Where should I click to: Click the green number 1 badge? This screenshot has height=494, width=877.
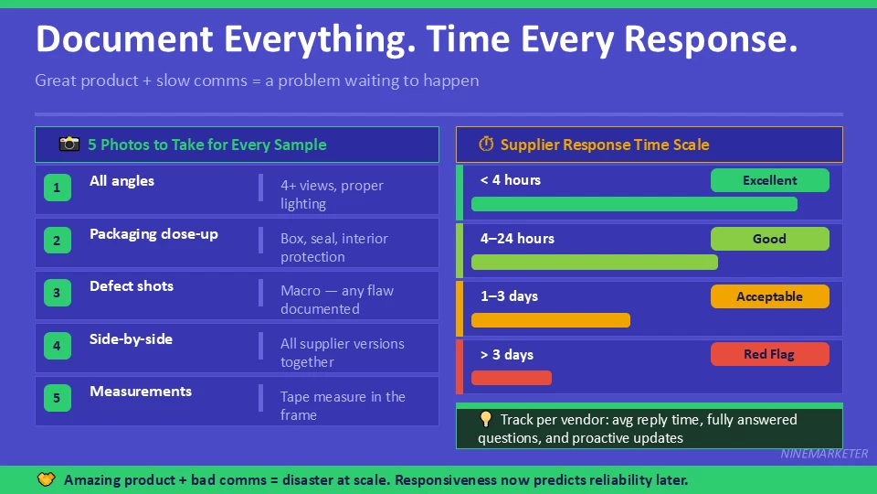57,188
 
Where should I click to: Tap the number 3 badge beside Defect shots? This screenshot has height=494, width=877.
57,294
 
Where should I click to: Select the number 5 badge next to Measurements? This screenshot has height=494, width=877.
57,398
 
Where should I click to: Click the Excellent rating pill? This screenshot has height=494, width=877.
769,180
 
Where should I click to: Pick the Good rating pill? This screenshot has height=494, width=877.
769,239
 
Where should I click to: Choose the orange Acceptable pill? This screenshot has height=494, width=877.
769,296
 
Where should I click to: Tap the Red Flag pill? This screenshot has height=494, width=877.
769,354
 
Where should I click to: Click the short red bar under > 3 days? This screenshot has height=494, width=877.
512,378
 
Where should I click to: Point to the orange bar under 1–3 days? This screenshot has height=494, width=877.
551,320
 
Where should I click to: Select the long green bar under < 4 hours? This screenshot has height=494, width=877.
634,204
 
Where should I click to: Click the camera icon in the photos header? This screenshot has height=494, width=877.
69,145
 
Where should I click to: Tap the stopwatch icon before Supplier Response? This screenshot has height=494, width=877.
486,145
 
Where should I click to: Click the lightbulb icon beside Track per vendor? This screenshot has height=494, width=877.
486,420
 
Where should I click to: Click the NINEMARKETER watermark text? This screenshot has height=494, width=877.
824,454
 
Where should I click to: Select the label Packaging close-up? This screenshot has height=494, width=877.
153,234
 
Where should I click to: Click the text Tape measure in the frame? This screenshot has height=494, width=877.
343,406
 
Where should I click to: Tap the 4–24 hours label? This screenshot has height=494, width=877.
517,239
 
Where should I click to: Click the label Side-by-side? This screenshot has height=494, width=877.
131,339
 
